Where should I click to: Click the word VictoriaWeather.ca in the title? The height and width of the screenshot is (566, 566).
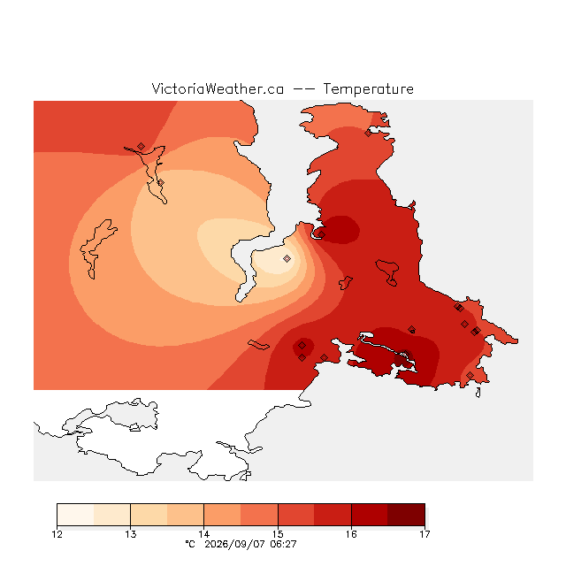218,88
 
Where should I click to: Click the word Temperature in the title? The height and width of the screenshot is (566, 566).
368,88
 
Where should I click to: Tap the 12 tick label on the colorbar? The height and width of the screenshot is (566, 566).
57,534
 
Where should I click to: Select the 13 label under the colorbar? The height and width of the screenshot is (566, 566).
131,534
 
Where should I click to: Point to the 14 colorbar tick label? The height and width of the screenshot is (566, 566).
204,534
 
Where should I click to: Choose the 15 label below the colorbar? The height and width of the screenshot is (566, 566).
278,534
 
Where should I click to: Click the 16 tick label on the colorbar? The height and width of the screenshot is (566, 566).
351,534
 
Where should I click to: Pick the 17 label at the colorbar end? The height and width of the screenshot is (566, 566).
424,534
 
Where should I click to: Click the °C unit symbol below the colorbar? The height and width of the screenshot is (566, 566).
190,544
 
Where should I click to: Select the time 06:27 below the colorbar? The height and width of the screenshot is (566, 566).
283,544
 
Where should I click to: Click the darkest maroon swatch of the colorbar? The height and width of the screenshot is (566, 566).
407,515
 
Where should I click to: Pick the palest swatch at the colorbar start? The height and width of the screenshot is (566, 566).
75,515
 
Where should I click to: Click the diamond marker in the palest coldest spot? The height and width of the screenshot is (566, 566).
287,258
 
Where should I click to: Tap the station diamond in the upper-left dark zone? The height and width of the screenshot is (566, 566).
141,146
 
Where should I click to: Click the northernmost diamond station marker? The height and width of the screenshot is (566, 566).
368,134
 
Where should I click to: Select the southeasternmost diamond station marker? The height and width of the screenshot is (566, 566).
470,375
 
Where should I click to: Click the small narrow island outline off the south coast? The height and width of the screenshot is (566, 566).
258,345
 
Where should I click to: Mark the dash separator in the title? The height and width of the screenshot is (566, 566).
303,89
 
